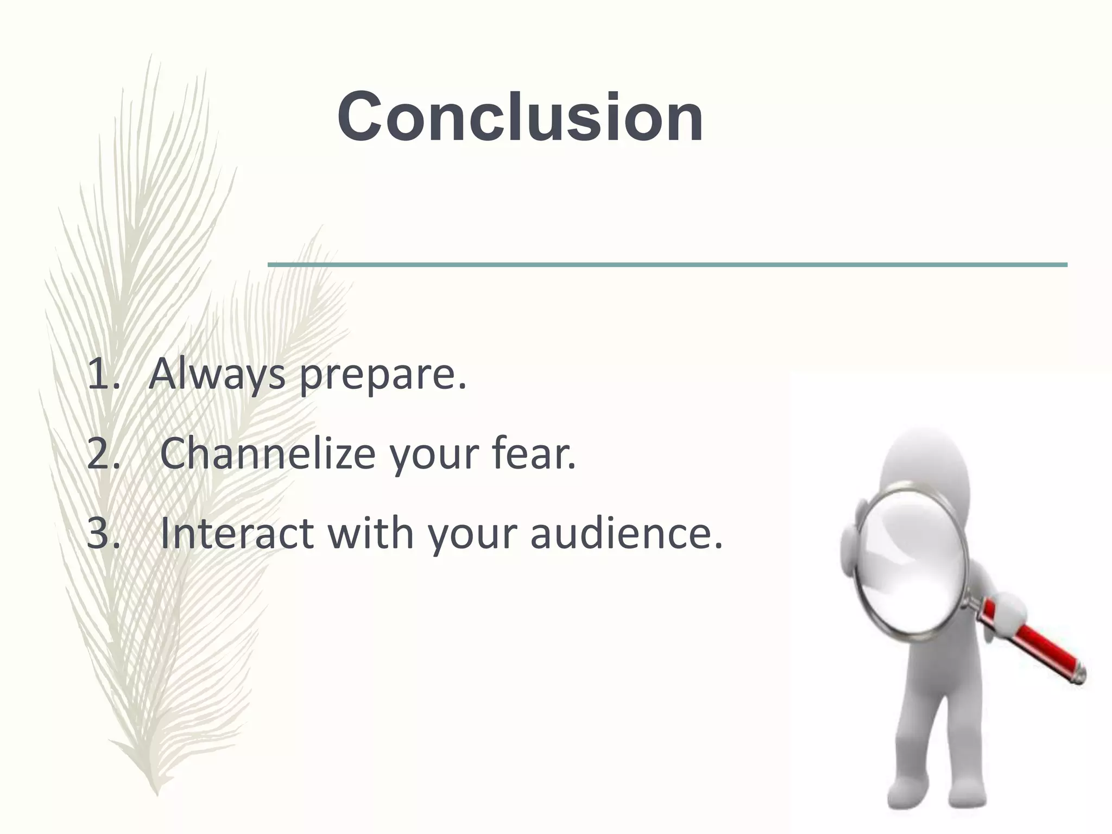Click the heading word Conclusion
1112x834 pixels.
520,117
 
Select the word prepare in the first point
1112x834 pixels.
383,376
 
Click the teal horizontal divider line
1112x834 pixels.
667,264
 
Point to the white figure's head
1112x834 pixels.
923,462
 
